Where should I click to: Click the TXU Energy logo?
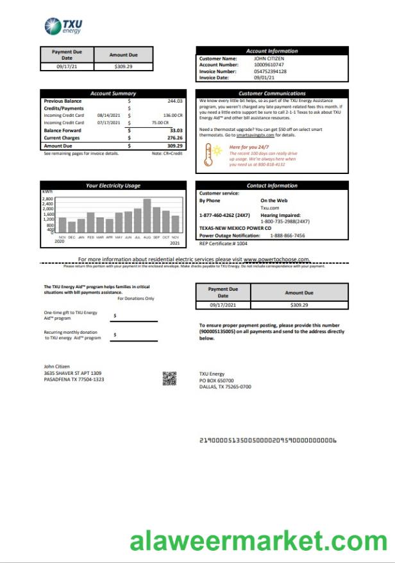[63, 26]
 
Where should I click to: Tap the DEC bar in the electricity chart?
[72, 227]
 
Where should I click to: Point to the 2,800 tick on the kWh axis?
[49, 199]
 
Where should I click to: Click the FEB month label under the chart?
[90, 238]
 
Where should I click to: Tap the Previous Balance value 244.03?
[174, 101]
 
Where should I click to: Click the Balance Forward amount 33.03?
[176, 130]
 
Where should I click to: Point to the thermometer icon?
[209, 155]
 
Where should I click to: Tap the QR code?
[169, 378]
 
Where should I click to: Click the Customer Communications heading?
[272, 94]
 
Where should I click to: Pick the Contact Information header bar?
[272, 186]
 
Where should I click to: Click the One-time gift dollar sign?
[114, 316]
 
